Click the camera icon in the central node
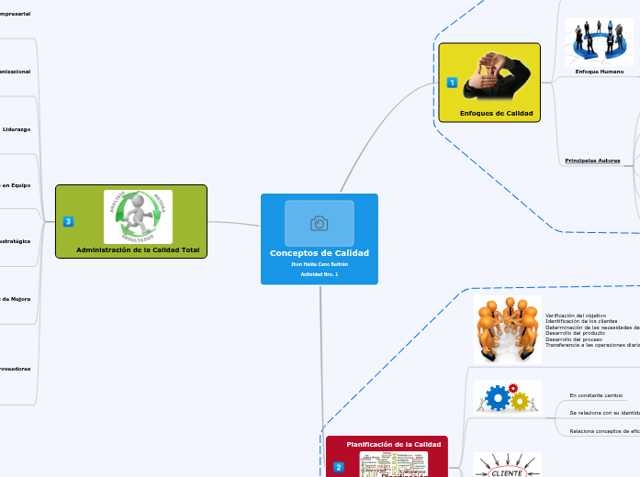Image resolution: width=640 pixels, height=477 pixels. [319, 223]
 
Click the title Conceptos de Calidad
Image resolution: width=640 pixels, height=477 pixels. [319, 253]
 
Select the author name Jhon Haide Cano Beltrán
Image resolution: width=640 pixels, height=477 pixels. [319, 264]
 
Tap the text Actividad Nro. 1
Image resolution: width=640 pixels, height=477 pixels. [319, 274]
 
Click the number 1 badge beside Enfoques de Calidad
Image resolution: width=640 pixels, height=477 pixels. [452, 83]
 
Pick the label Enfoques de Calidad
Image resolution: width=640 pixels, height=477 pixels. [496, 113]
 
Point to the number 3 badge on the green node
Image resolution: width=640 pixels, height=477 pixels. [68, 221]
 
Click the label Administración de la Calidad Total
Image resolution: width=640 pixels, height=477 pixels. [138, 250]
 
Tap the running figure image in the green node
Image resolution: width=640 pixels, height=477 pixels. [138, 216]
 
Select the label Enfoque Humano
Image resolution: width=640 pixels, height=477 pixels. [599, 71]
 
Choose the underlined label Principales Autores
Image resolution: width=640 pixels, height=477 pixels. [592, 161]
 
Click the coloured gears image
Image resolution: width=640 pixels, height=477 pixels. [507, 397]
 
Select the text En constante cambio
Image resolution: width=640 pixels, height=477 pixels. [596, 395]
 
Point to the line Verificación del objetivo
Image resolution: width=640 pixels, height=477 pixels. [576, 316]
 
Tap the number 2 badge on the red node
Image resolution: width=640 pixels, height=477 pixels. [338, 467]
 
